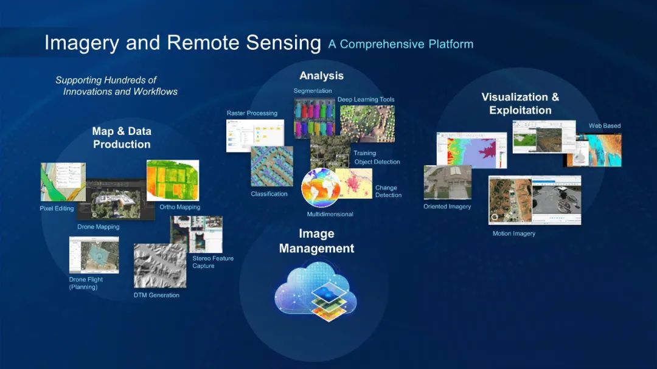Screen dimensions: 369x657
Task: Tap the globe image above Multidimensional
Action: click(321, 188)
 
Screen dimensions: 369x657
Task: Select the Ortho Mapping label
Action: click(179, 207)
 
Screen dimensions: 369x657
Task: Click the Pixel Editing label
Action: click(57, 209)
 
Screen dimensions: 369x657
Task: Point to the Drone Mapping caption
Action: click(98, 227)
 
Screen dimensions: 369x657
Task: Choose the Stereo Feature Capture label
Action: click(213, 262)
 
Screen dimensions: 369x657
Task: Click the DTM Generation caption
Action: click(156, 295)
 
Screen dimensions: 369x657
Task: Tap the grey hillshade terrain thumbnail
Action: click(159, 266)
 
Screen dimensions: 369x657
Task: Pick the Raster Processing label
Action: click(252, 113)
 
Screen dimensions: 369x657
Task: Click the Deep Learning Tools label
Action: click(366, 100)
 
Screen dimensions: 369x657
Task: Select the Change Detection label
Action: click(388, 191)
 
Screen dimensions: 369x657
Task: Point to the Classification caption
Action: click(269, 194)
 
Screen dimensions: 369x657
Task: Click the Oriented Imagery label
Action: click(447, 207)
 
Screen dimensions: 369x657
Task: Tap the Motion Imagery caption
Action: click(514, 233)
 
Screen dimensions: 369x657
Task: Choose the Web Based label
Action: click(605, 126)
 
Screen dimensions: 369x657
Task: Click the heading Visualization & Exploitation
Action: click(520, 103)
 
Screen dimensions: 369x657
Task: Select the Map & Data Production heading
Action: click(122, 137)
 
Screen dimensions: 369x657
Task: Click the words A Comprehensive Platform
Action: click(400, 44)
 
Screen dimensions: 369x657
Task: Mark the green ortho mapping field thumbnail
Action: click(173, 180)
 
